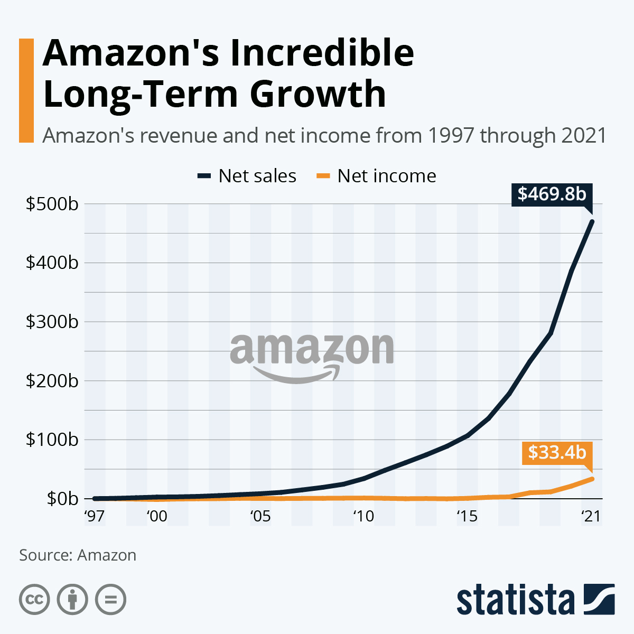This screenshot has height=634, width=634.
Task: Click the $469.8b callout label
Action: tap(552, 194)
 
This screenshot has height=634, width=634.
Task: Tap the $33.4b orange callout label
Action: tap(557, 453)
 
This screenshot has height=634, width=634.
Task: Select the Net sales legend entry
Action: tap(247, 176)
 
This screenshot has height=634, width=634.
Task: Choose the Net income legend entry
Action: tap(376, 176)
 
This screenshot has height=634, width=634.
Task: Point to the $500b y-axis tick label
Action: tap(52, 204)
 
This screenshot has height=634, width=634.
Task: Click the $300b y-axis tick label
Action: tap(52, 322)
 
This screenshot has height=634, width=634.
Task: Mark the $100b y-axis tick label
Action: tap(52, 440)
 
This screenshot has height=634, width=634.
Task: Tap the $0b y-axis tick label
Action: tap(62, 499)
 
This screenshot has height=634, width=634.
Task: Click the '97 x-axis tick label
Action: tap(94, 516)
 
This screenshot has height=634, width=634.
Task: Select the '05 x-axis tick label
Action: tap(260, 516)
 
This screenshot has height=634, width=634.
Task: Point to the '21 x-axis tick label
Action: tap(591, 516)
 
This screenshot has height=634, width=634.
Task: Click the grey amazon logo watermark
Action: tap(312, 357)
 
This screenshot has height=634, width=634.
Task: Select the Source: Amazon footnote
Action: tap(78, 555)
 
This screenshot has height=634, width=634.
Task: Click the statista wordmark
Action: tap(516, 600)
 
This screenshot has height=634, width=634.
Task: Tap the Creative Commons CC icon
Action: tap(34, 600)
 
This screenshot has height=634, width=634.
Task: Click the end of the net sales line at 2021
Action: tap(592, 222)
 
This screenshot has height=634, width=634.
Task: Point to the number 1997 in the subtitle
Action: tap(454, 136)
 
